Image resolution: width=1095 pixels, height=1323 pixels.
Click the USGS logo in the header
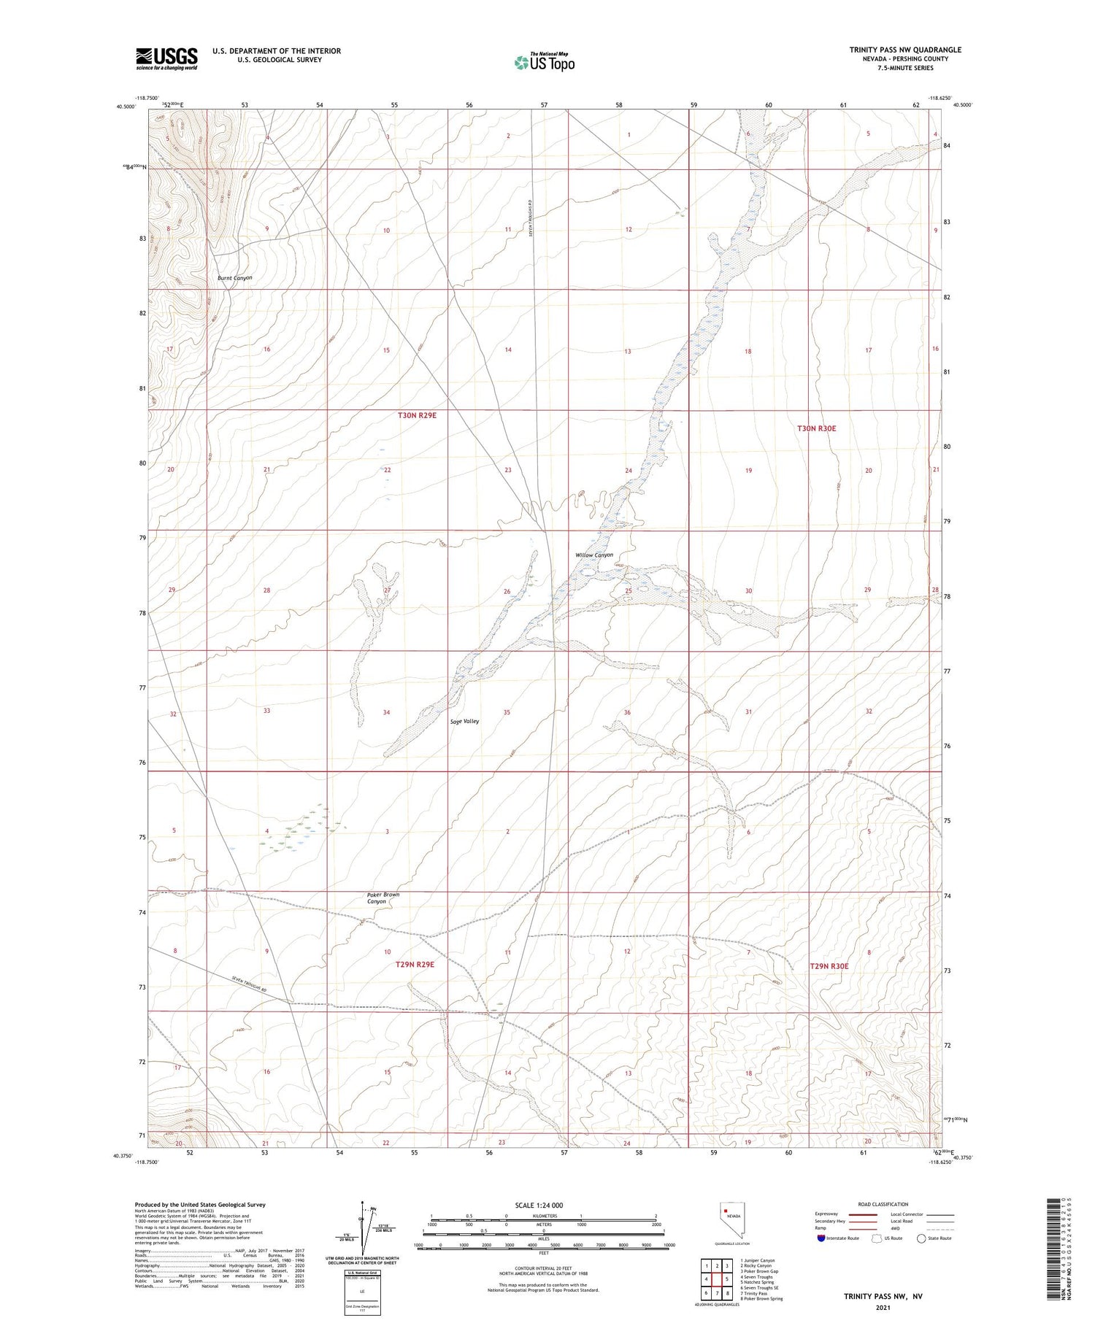(166, 58)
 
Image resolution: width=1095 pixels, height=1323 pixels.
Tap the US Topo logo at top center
(544, 63)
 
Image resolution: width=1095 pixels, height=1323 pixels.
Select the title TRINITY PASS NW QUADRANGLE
(904, 50)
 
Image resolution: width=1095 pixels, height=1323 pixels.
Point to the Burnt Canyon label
(234, 278)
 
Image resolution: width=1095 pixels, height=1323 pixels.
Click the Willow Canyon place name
(593, 555)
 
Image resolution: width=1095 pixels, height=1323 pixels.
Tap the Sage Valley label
(464, 721)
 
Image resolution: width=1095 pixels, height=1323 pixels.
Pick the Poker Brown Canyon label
(383, 898)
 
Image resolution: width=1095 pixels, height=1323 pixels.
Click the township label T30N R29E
(417, 415)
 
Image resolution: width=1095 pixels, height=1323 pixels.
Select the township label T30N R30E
(816, 428)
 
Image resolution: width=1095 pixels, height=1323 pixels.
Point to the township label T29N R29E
(415, 964)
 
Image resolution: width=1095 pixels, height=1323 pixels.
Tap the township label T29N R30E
(829, 966)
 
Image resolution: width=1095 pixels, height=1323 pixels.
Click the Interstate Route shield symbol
(821, 1238)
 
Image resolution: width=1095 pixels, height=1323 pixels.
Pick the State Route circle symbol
(921, 1238)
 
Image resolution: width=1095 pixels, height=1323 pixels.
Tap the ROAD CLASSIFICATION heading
(883, 1204)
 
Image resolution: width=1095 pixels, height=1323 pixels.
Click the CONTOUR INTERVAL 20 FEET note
(543, 1269)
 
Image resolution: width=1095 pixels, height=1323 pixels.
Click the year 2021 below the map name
(883, 1308)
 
